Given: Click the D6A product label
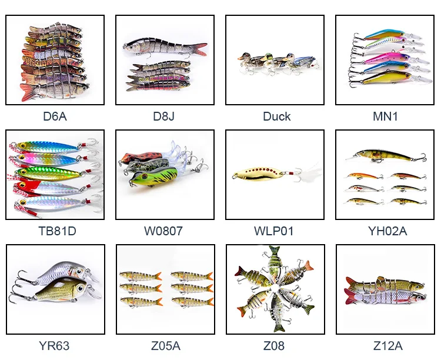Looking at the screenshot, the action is pos(55,116).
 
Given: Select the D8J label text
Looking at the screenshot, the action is pos(165,116).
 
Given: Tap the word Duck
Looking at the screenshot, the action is pos(276,116).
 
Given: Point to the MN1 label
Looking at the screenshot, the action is pos(385,116).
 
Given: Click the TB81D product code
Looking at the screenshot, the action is pos(55,231).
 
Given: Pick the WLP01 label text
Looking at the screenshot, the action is pos(276,231).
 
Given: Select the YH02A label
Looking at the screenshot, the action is pos(385,231).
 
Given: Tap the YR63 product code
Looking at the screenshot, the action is pos(55,346).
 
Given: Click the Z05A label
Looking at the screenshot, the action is pos(165,346).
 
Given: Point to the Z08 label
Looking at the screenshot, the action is pos(276,346).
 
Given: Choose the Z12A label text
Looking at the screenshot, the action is pos(385,346).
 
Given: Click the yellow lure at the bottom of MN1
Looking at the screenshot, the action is pos(385,77).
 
